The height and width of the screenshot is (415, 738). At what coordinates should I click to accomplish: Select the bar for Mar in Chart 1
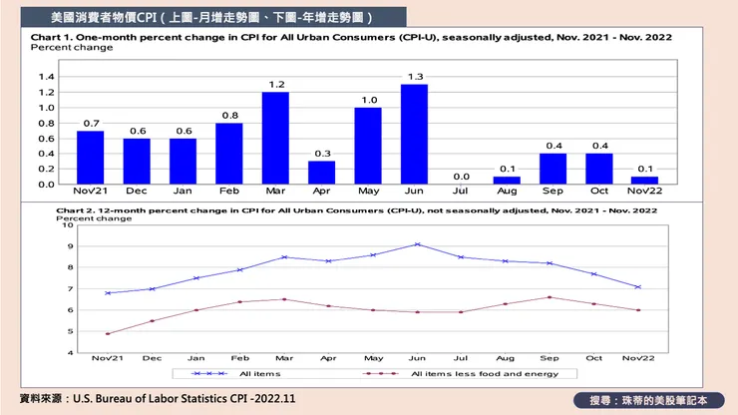click(275, 138)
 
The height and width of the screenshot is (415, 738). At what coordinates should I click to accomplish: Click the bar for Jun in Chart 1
click(414, 134)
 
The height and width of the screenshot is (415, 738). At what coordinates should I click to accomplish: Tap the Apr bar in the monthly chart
click(321, 172)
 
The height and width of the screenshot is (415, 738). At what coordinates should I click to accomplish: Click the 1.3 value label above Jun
click(414, 76)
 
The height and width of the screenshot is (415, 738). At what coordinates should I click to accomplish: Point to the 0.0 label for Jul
click(460, 176)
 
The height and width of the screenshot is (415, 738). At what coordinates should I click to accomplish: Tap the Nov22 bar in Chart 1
click(645, 181)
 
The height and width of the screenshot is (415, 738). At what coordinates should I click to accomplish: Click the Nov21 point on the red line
click(107, 333)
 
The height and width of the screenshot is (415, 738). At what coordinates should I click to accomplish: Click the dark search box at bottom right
click(648, 399)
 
